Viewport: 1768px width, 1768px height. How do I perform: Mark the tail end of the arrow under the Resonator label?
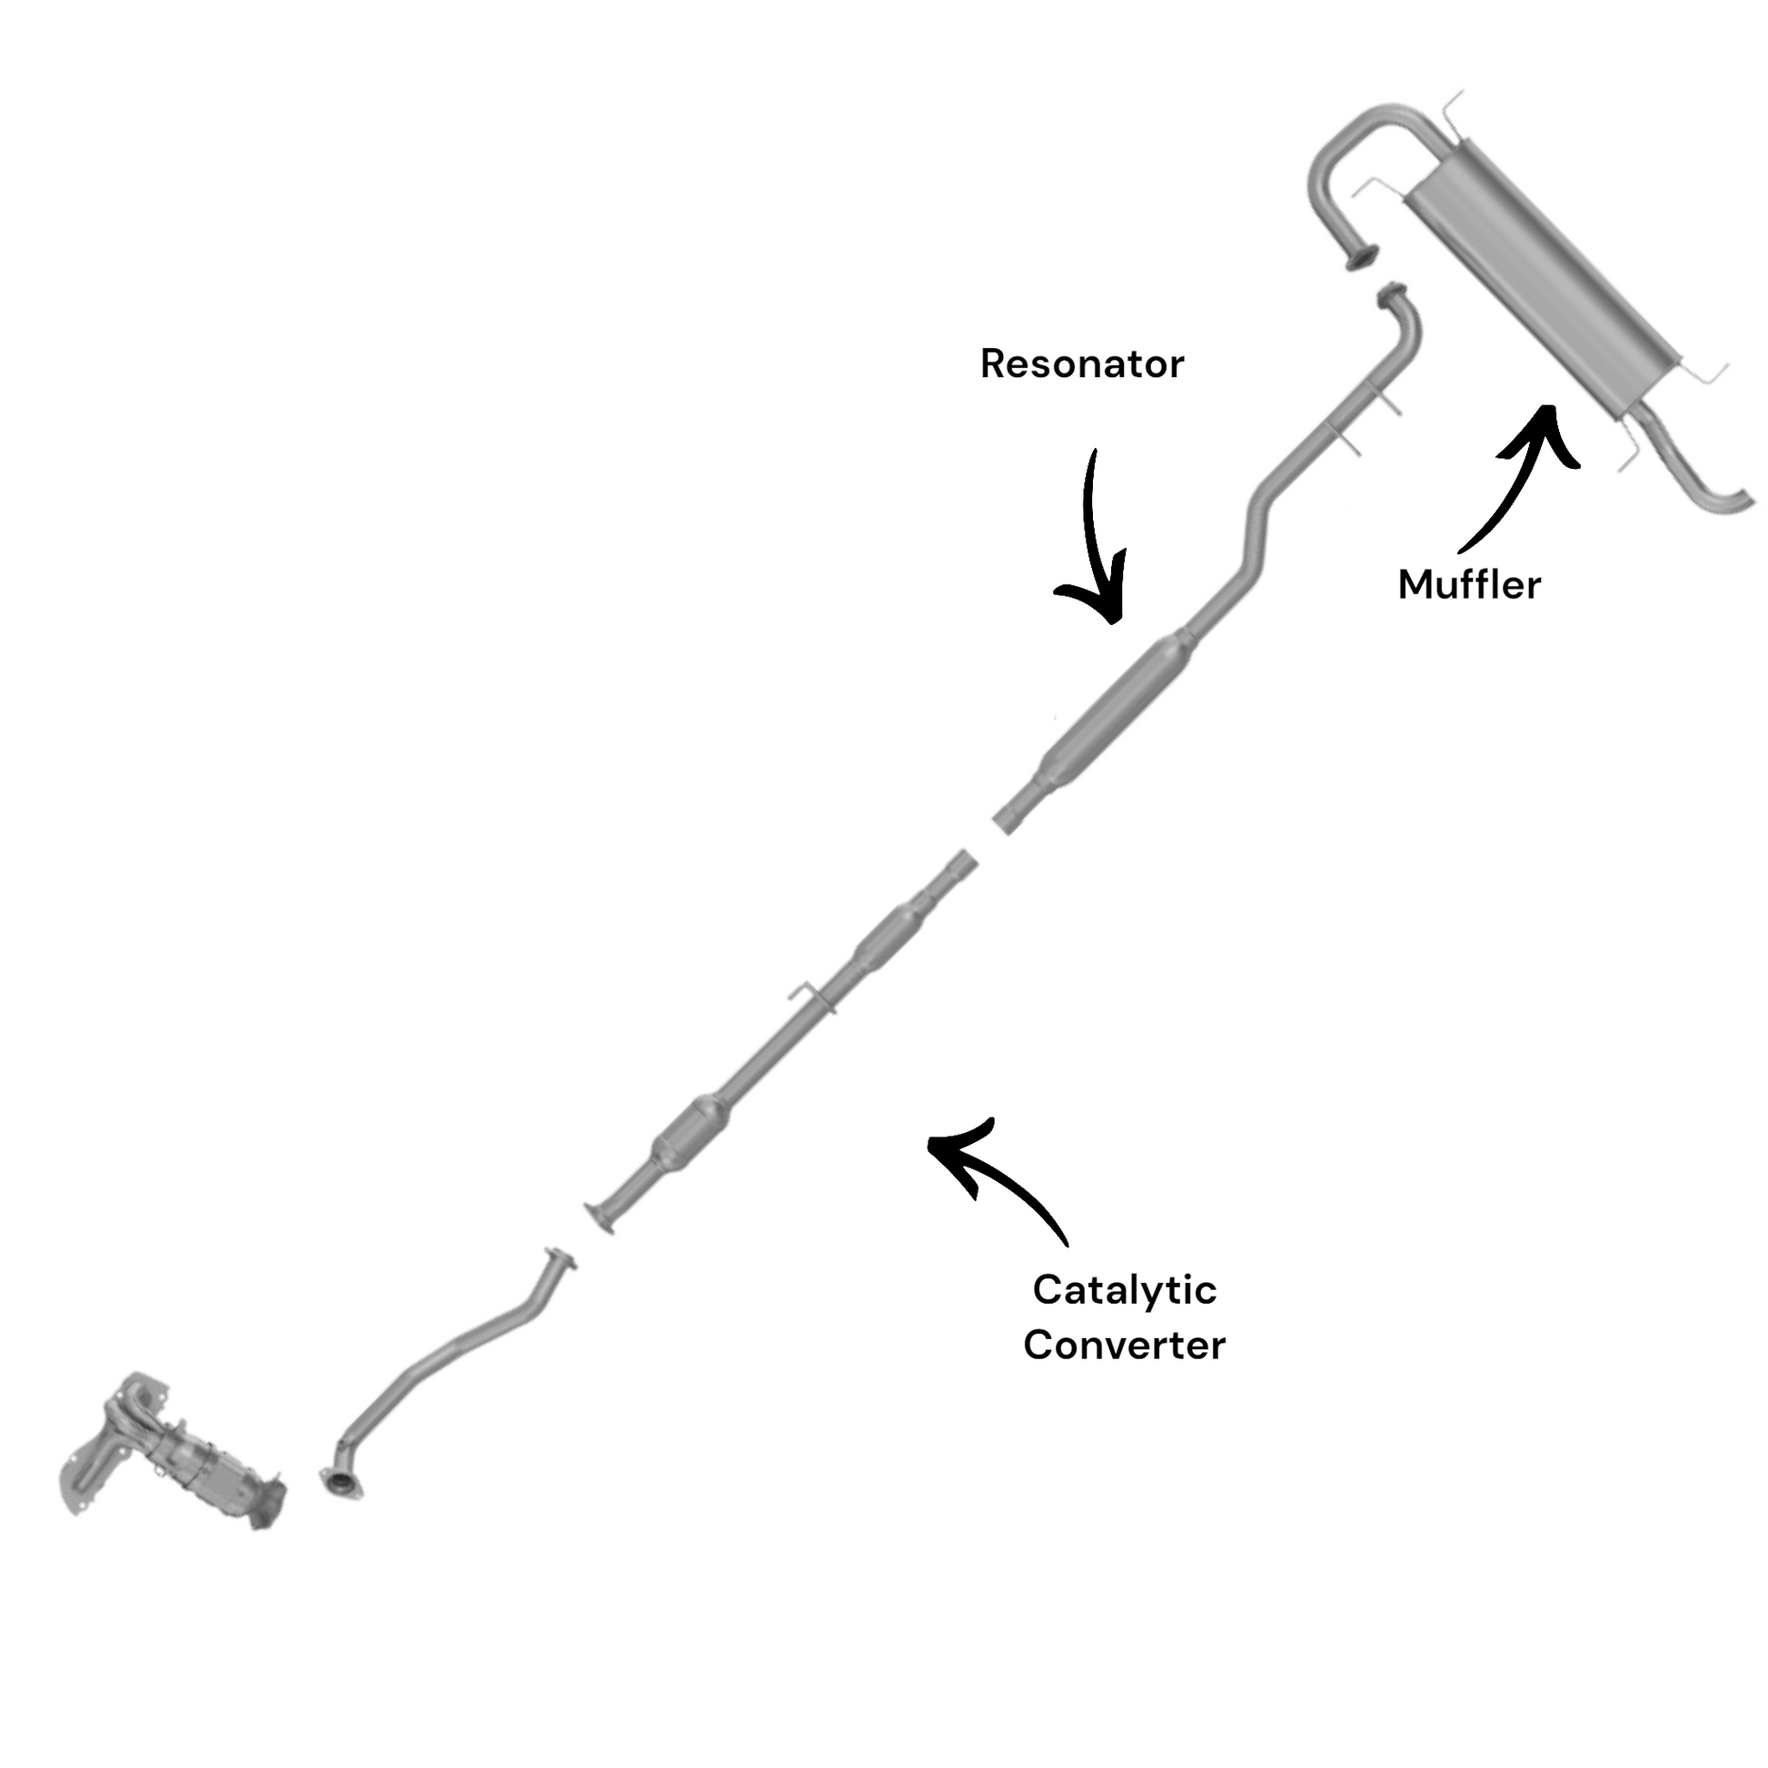pyautogui.click(x=1094, y=451)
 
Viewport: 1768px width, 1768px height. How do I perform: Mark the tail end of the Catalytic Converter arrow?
pyautogui.click(x=1066, y=1245)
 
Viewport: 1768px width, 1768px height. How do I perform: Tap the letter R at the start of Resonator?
pyautogui.click(x=992, y=364)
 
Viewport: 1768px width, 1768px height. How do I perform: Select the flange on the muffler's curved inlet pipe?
pyautogui.click(x=1364, y=257)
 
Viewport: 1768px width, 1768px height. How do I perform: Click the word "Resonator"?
pyautogui.click(x=1083, y=364)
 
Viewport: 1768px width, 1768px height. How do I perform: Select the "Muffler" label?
pyautogui.click(x=1470, y=585)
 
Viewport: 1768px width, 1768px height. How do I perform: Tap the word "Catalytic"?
pyautogui.click(x=1125, y=1290)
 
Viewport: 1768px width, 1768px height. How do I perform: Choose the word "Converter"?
pyautogui.click(x=1125, y=1346)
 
